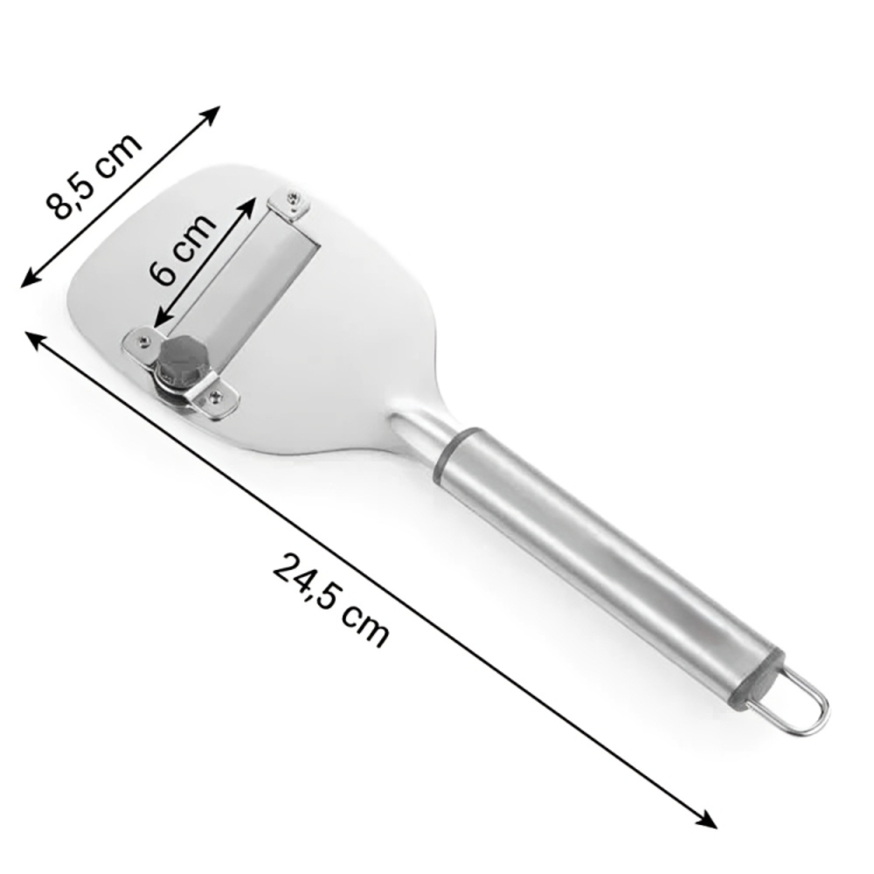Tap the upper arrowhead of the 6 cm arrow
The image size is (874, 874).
(250, 204)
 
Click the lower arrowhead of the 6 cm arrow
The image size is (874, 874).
(159, 320)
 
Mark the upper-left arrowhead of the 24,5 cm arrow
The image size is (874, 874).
(34, 339)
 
